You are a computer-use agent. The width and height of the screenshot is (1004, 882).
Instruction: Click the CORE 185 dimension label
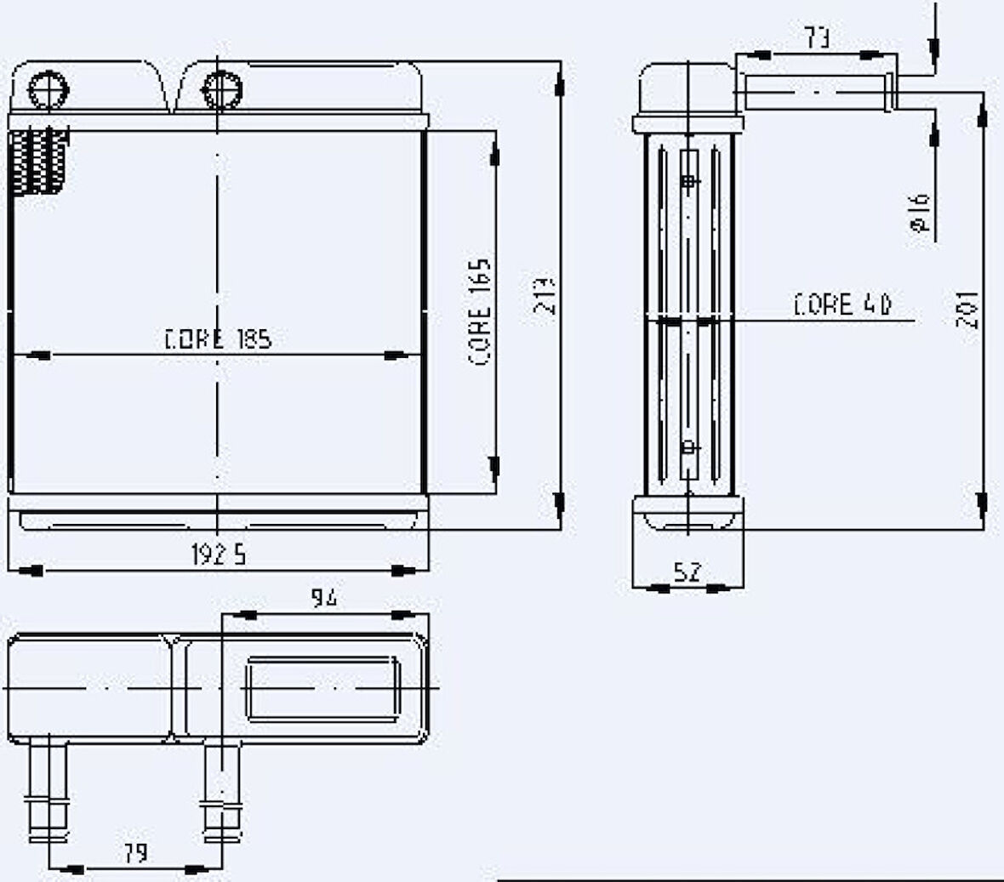pos(218,339)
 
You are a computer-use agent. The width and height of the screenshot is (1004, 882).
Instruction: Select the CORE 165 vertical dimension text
pos(481,312)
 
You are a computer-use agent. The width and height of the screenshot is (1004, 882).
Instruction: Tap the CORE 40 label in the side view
pos(841,305)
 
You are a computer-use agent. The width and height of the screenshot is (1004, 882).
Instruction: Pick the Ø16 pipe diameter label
pos(920,213)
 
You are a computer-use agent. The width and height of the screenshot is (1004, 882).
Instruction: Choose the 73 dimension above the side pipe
pos(817,37)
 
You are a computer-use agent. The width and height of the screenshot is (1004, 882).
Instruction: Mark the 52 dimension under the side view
pos(687,572)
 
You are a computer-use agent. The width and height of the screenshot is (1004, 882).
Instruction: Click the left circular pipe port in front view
pos(48,88)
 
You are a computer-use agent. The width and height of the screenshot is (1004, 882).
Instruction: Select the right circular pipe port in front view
pos(221,88)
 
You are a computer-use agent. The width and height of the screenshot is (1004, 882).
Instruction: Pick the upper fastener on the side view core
pos(688,181)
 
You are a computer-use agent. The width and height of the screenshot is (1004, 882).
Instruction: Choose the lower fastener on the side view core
pos(688,446)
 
